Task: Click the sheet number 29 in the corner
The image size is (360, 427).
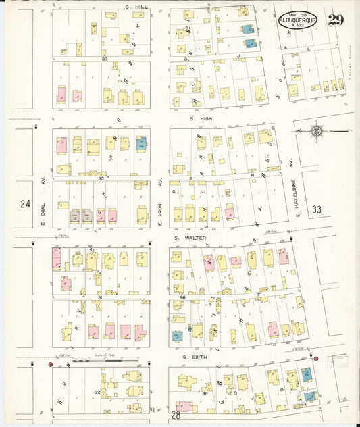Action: click(x=336, y=19)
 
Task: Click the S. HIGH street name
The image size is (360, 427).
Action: click(x=201, y=119)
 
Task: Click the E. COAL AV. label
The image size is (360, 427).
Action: click(x=42, y=194)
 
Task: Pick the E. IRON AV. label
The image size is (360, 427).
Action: click(x=160, y=193)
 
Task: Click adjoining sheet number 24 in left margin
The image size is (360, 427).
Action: click(x=26, y=203)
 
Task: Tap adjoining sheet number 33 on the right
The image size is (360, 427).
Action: click(x=317, y=210)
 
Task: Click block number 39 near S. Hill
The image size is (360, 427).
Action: click(x=105, y=59)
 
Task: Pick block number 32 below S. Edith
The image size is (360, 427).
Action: click(x=97, y=392)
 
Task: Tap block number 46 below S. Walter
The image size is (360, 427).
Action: click(x=182, y=298)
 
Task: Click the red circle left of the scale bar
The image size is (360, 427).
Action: click(x=50, y=364)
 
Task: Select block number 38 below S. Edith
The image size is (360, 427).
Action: click(x=205, y=393)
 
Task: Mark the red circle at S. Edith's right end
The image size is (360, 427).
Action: click(x=315, y=358)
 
